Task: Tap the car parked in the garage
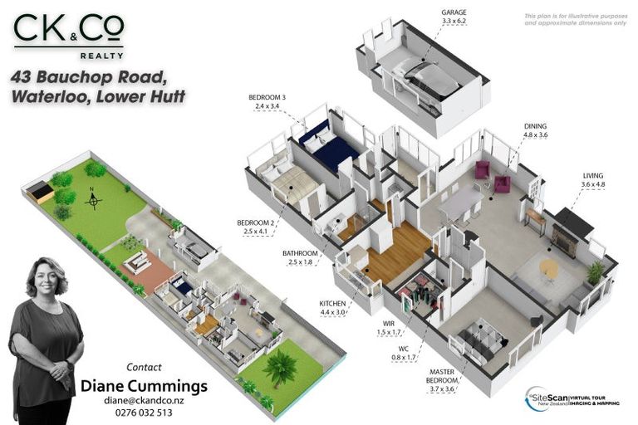coord(427,79)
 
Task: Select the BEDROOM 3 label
coord(267,98)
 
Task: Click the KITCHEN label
coord(331,304)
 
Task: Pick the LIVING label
coord(593,175)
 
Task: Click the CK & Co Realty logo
coord(68,37)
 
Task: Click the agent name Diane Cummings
coord(144,386)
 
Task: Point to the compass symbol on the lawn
coord(93,199)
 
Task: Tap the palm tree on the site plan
coord(280,366)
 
